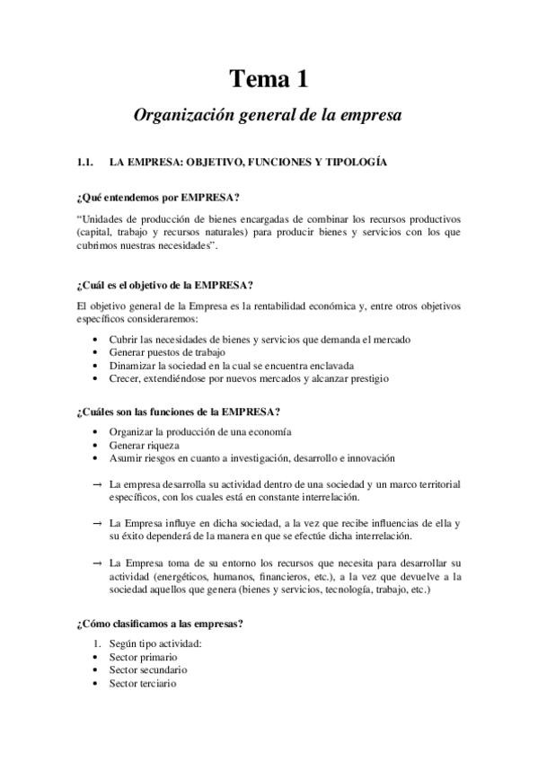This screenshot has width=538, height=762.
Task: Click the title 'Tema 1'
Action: pyautogui.click(x=269, y=80)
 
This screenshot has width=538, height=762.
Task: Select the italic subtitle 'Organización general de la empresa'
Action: pyautogui.click(x=269, y=115)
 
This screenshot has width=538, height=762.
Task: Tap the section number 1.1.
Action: pyautogui.click(x=86, y=163)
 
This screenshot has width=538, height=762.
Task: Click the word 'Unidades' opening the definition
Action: pyautogui.click(x=103, y=218)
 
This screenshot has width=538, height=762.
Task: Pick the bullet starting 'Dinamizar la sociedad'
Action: pyautogui.click(x=231, y=366)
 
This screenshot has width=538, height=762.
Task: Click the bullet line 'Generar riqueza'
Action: pyautogui.click(x=144, y=445)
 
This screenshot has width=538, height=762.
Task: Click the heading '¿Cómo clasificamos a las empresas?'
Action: pyautogui.click(x=162, y=624)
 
